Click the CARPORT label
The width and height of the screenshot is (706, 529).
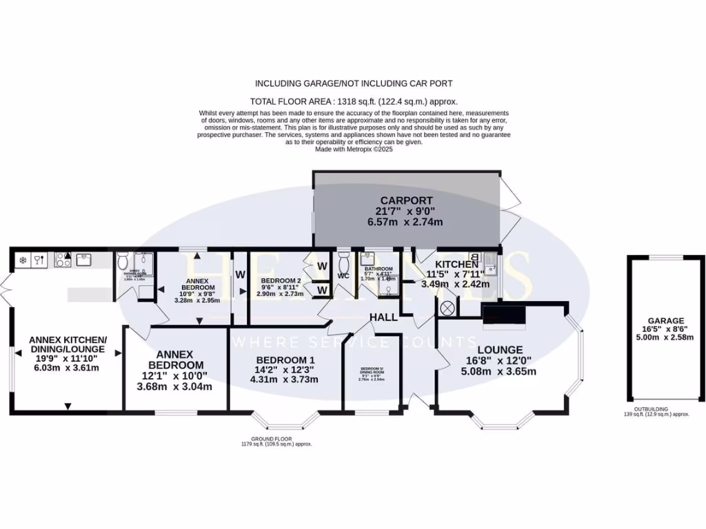point(405,200)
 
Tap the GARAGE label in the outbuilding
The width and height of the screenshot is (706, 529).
point(665,321)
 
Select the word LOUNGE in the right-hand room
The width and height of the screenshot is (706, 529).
point(500,349)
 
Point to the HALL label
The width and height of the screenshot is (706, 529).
point(383,317)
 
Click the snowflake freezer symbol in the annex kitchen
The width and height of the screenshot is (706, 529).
point(22,260)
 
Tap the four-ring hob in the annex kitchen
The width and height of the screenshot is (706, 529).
point(63,260)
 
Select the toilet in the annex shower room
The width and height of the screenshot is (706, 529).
point(123,261)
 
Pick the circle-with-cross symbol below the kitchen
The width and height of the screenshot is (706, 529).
point(447,307)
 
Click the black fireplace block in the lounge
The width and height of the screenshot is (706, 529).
point(503,315)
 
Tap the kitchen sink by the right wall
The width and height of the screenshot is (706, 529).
point(492,263)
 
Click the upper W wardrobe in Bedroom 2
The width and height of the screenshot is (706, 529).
point(321,267)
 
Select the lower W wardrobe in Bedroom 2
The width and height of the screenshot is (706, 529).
point(321,290)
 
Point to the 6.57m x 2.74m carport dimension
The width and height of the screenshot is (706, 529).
point(405,222)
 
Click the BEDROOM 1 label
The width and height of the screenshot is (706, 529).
point(285,360)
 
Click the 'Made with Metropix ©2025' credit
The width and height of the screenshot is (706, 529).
point(353,149)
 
